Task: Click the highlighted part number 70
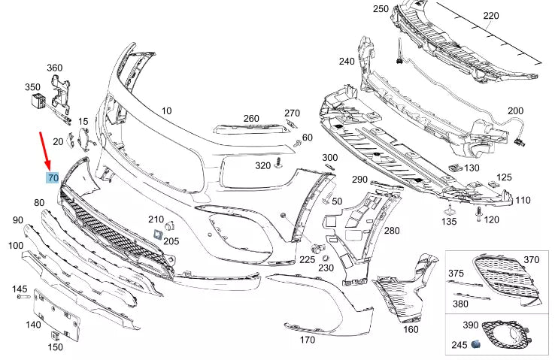coord(53,178)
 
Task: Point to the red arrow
coord(46,151)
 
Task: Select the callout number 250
coord(381,9)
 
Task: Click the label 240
coord(347,62)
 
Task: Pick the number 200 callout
coord(515,111)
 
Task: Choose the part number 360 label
coord(55,68)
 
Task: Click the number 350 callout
coord(33,87)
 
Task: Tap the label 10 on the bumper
coord(166,110)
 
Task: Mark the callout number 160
coord(411,329)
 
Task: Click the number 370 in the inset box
coord(532,260)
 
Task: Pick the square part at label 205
coord(157,234)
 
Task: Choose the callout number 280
coord(393,231)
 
